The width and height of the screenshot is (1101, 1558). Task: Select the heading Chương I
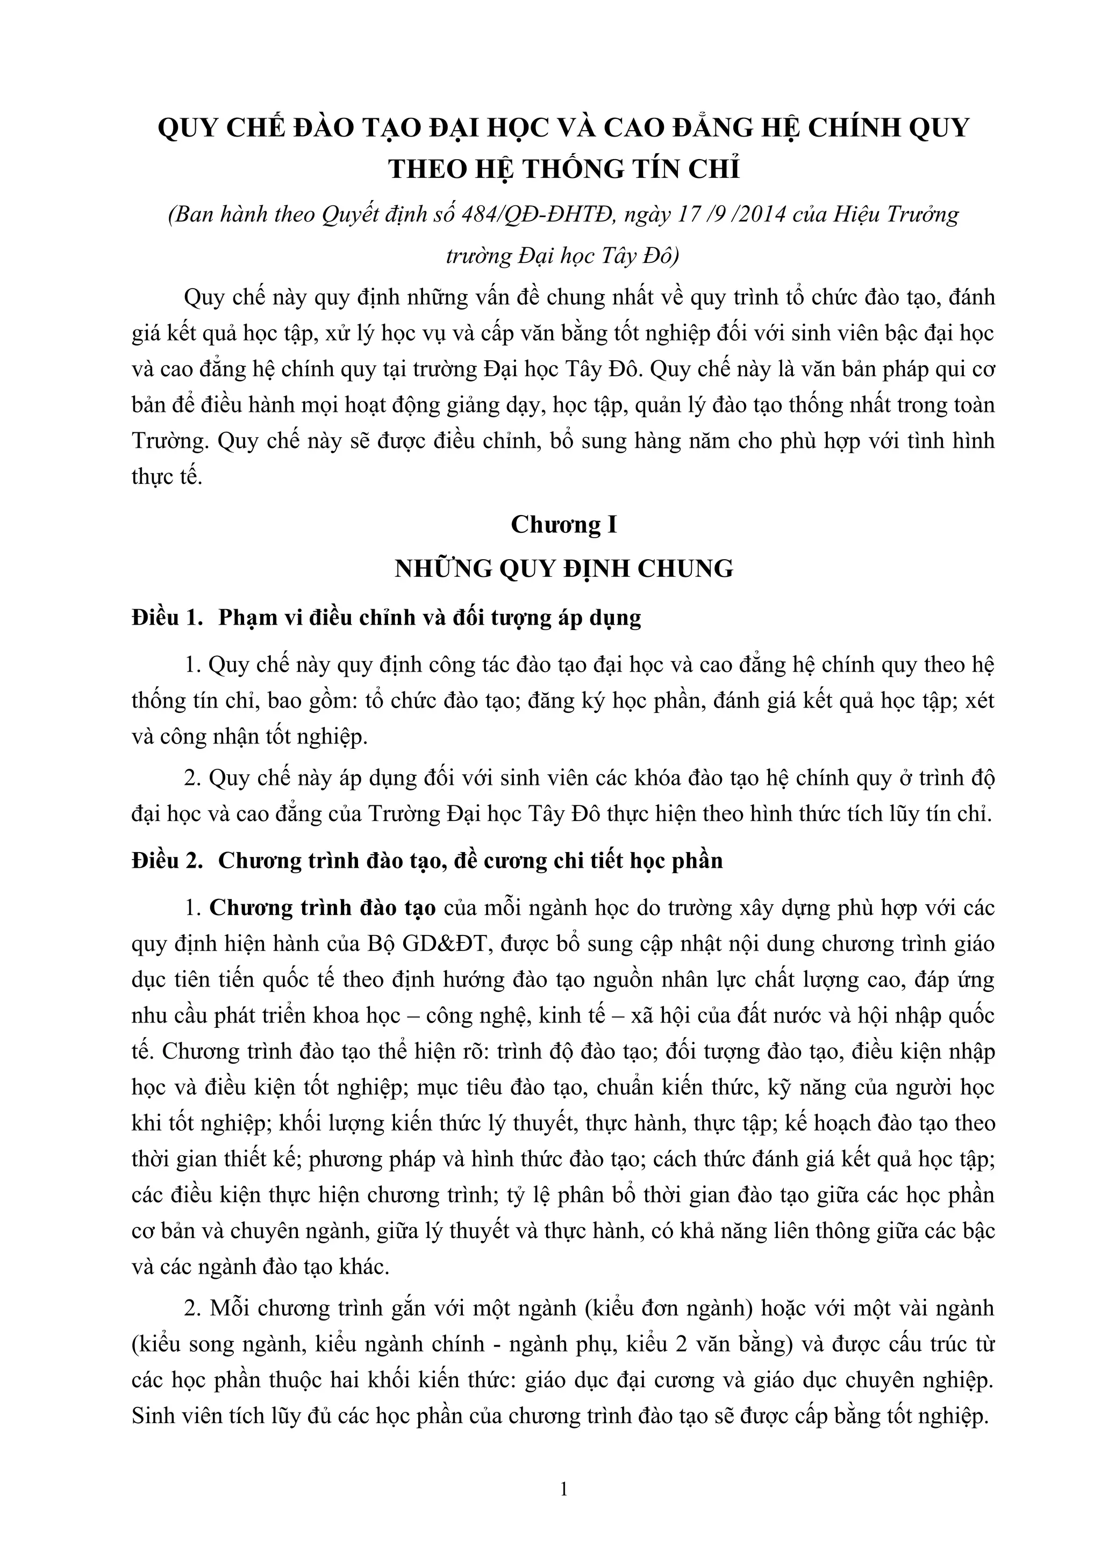point(564,525)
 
